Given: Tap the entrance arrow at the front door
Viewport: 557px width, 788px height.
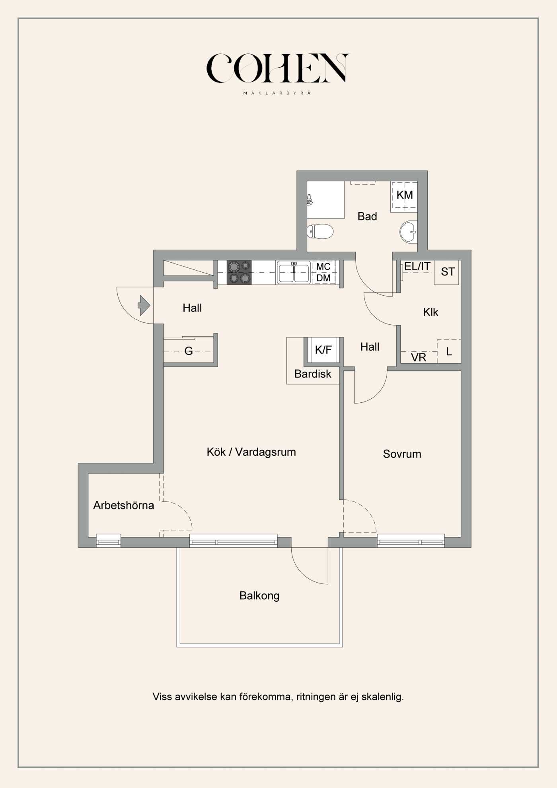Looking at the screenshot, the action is (x=144, y=306).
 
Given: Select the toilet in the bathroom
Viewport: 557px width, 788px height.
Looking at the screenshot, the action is (x=320, y=231).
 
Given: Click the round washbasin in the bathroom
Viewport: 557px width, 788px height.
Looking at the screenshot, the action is (x=409, y=232).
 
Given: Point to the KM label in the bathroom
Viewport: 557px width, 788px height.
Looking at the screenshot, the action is (x=405, y=195).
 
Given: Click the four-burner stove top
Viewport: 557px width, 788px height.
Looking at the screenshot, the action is (x=239, y=272).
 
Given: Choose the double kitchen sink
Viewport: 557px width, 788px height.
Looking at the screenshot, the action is (x=294, y=273).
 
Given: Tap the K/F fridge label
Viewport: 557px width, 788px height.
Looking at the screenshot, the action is (x=323, y=350).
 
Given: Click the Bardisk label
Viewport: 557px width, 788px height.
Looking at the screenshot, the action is (x=313, y=374).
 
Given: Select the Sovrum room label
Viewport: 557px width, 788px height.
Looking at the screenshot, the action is (x=402, y=454).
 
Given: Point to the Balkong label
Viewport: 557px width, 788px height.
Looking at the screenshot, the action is (x=259, y=596).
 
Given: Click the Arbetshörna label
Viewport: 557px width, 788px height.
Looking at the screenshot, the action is (x=123, y=505).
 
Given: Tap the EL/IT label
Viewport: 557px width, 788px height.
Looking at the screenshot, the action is (x=417, y=266).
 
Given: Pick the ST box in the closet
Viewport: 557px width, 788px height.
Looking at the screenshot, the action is (x=446, y=272).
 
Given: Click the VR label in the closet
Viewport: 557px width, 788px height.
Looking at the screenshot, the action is (x=419, y=357).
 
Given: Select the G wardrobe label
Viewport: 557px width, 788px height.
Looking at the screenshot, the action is (x=189, y=351).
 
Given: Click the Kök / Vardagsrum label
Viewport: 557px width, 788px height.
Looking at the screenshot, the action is (x=251, y=452).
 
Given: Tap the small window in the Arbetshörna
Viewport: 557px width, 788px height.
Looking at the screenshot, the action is (x=109, y=540).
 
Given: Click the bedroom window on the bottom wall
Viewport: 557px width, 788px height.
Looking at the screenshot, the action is (x=411, y=540).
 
